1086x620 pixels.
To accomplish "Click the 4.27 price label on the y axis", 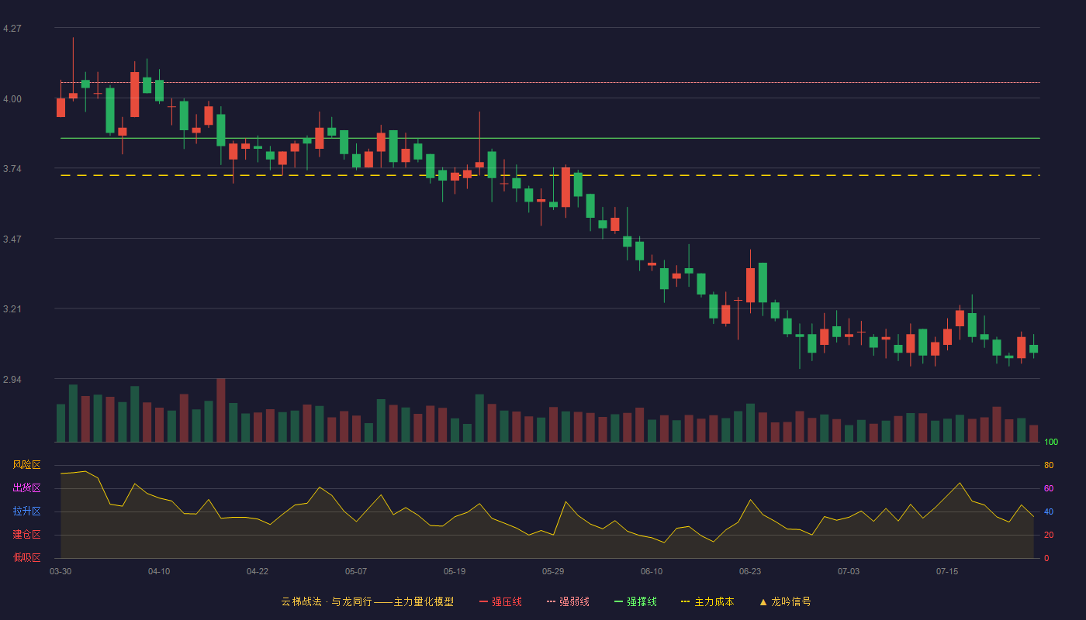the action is (12, 29).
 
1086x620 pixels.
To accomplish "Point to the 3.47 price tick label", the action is (12, 239).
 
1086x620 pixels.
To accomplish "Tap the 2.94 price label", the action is (12, 380).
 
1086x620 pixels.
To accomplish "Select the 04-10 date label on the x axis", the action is (159, 572).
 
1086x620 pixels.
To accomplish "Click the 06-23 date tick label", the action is (750, 572).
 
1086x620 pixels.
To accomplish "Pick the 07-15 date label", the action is (947, 572).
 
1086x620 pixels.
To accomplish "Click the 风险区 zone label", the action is (26, 465).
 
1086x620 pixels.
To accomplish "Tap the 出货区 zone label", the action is (26, 487).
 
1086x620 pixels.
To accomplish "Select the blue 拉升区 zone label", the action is (26, 511).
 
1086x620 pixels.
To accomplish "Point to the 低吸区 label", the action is (26, 557).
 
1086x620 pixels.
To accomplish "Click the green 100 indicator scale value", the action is (1051, 442).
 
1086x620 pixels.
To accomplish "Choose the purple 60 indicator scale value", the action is (1049, 488).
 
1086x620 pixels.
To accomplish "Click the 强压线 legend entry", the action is (500, 601).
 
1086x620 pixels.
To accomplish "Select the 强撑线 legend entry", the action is (635, 601).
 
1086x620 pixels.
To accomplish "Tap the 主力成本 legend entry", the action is (707, 601).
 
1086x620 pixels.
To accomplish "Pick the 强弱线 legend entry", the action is (568, 601).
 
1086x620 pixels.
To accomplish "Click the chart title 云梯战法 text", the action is (301, 601).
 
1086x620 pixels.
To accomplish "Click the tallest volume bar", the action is (220, 410).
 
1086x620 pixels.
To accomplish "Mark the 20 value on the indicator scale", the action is (1049, 535).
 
